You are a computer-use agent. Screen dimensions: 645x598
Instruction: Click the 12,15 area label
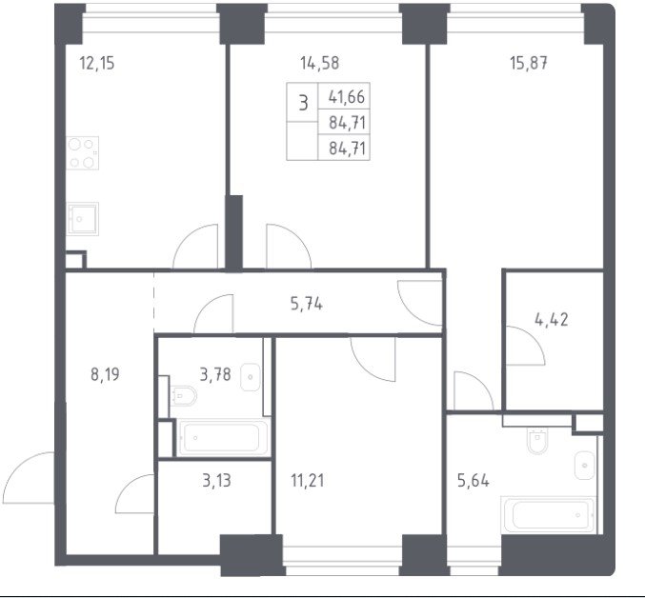(96, 64)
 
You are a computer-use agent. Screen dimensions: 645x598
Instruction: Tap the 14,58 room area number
(319, 63)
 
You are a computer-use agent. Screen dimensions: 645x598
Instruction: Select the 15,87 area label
(529, 63)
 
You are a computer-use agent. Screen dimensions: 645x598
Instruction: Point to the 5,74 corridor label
(307, 304)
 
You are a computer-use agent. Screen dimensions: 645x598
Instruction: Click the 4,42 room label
(552, 319)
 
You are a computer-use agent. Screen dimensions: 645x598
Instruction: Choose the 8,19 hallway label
(105, 374)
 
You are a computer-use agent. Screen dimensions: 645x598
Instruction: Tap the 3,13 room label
(216, 480)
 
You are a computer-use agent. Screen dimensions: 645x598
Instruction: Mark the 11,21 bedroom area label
(308, 480)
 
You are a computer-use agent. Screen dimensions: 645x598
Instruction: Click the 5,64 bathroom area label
(474, 480)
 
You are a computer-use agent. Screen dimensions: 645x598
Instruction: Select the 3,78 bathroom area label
(215, 374)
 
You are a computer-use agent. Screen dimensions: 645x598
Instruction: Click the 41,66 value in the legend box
(347, 97)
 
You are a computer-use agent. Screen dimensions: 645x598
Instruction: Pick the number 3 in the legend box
(303, 103)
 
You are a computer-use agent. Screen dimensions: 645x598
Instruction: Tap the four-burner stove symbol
(82, 153)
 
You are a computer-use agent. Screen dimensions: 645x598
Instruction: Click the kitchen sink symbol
(82, 219)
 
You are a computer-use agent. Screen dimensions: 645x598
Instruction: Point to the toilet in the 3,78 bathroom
(183, 396)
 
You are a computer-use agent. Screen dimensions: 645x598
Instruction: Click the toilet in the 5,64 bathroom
(537, 441)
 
